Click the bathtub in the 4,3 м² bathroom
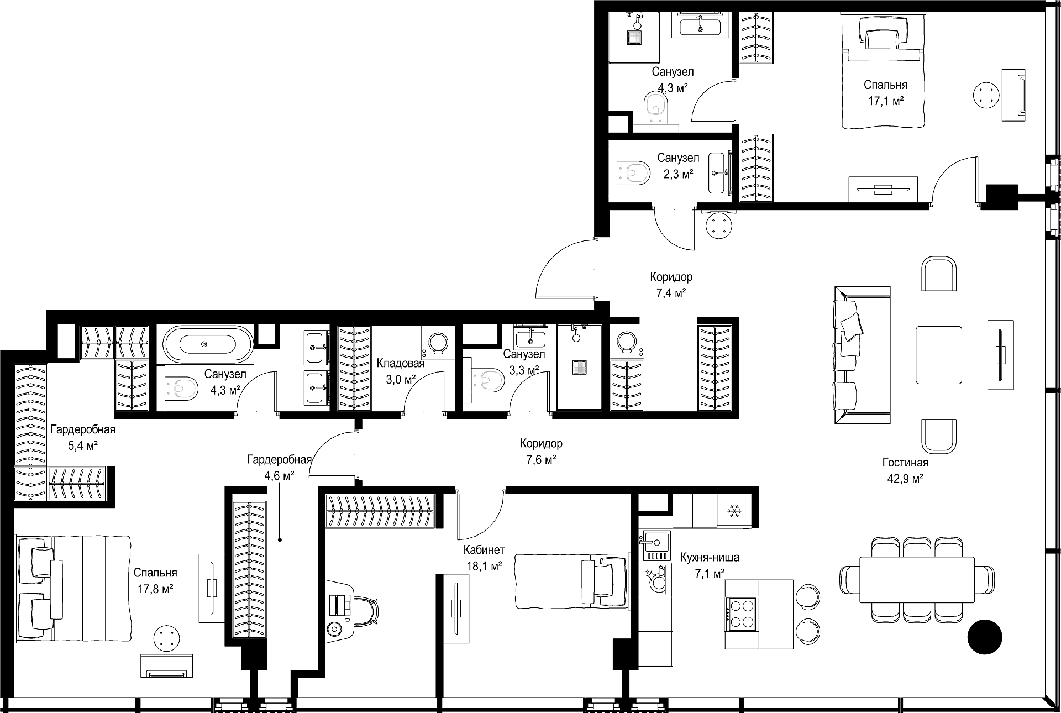pos(204,344)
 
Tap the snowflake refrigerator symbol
pos(734,511)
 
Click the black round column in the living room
pos(985,637)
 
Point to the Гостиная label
pos(905,463)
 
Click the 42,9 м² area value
pos(905,479)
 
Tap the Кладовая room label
pos(401,363)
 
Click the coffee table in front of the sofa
pos(938,354)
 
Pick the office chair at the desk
pos(364,611)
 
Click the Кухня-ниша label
pos(710,557)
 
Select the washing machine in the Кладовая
pos(437,343)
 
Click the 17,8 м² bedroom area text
pos(155,589)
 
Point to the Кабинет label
pos(484,550)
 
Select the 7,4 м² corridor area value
pos(671,293)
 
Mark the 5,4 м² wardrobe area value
pos(83,445)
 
